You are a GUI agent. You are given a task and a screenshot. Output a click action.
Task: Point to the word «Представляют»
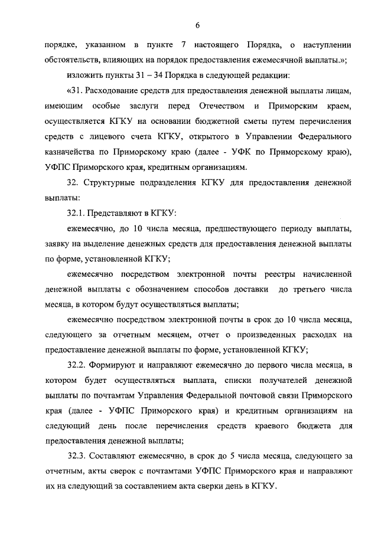point(118,213)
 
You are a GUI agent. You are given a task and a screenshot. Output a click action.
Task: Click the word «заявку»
point(59,244)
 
